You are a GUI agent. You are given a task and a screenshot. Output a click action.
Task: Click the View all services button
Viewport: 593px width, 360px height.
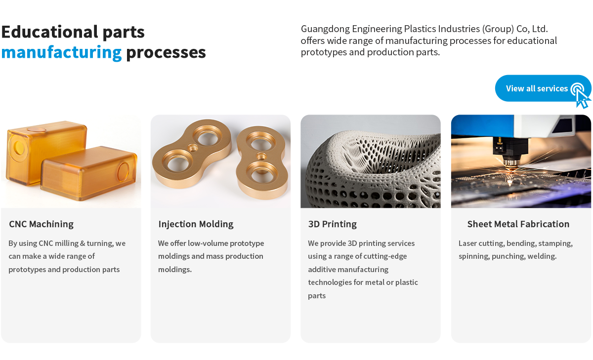[x=543, y=88]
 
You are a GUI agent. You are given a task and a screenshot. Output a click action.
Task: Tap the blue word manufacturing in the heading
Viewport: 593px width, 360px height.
[x=61, y=52]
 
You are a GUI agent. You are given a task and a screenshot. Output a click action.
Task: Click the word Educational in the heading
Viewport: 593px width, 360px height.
[x=50, y=32]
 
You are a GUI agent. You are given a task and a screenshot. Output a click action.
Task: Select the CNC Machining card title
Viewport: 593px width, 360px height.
[x=42, y=224]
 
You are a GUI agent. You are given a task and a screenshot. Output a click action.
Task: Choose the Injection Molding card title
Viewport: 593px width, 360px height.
[x=196, y=224]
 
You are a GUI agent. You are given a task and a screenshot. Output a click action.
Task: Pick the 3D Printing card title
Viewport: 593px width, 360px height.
[x=333, y=224]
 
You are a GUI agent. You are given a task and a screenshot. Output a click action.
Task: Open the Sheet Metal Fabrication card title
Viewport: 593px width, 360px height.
[x=518, y=224]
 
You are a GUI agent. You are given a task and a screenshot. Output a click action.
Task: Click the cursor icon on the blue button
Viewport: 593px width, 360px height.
[x=581, y=96]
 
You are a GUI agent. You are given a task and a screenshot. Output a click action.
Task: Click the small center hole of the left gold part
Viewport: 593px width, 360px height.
[x=193, y=147]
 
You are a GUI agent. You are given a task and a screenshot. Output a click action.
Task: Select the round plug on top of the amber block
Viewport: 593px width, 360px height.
[x=36, y=129]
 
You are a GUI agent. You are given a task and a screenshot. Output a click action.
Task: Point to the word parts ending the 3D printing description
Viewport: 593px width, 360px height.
[x=317, y=296]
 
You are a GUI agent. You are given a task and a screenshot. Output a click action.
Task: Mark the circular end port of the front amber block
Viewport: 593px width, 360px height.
[x=123, y=172]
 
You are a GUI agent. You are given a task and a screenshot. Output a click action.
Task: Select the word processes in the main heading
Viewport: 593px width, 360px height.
[x=166, y=53]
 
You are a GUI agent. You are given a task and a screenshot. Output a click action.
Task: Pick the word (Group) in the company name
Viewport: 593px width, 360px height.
[x=498, y=29]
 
